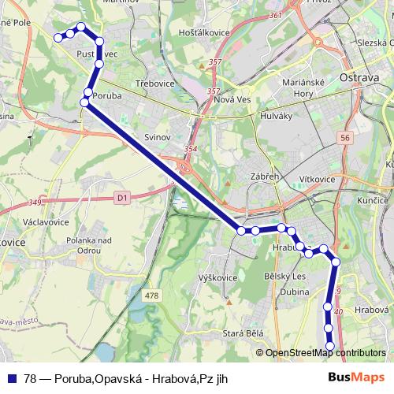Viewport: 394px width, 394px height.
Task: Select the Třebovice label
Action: click(152, 83)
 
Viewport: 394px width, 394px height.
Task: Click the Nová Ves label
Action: click(231, 100)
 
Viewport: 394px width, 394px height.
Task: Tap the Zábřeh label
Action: click(265, 177)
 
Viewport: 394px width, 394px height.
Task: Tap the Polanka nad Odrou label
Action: click(79, 244)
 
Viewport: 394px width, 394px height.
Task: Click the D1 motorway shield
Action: click(121, 199)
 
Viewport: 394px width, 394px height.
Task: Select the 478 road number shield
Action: click(152, 295)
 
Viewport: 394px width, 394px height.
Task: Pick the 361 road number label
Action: click(275, 15)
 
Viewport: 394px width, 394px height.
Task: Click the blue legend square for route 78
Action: click(11, 377)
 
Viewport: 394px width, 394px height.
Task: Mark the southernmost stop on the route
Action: click(330, 346)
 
